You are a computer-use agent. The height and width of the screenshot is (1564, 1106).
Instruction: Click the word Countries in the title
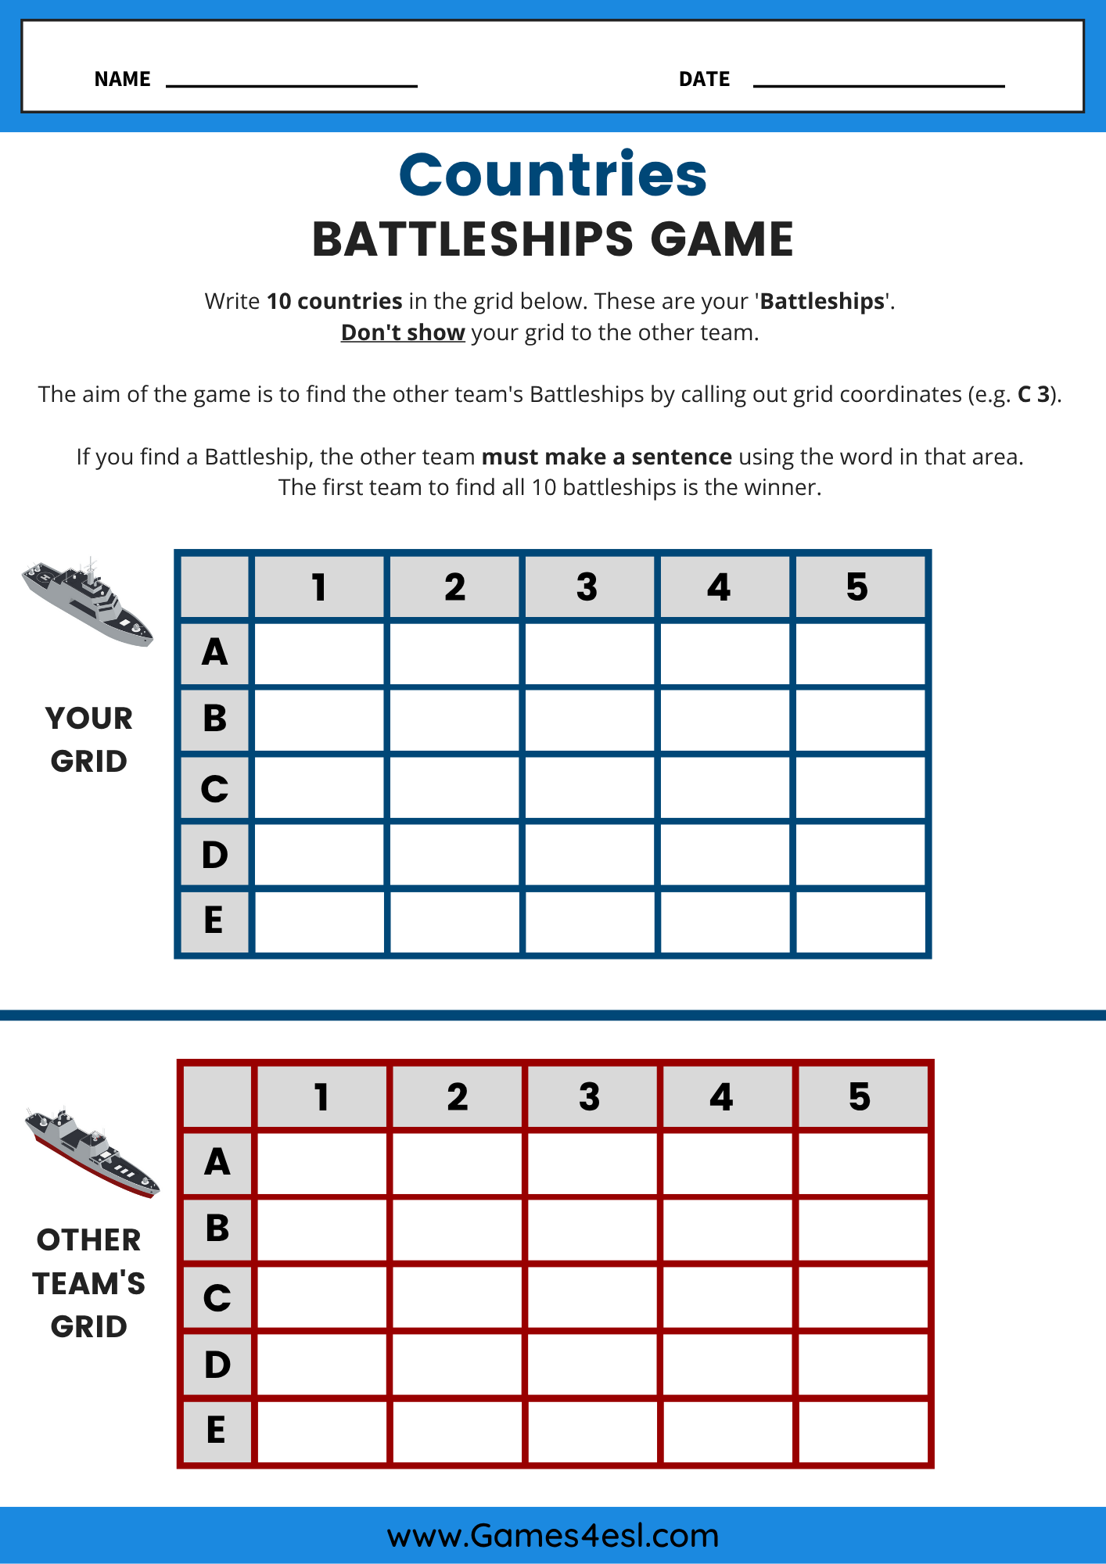(x=552, y=174)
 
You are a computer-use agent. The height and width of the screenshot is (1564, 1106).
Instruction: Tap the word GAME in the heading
(x=721, y=239)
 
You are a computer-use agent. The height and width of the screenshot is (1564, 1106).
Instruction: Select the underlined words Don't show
(x=403, y=332)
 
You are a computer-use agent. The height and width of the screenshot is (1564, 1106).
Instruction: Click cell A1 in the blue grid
(x=319, y=654)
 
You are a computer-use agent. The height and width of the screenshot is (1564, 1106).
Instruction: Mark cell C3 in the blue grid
(x=590, y=787)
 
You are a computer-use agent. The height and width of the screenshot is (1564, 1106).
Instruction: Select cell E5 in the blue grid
(x=860, y=921)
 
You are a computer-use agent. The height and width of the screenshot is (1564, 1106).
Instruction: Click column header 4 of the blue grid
(x=724, y=587)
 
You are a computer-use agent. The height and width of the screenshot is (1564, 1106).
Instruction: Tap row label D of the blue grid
(x=214, y=855)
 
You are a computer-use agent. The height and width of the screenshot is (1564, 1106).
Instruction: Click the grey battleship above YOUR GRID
(x=88, y=602)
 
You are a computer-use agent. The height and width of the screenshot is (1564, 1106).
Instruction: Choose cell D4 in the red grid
(x=727, y=1364)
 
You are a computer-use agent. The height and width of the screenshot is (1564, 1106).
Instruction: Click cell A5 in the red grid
(x=863, y=1163)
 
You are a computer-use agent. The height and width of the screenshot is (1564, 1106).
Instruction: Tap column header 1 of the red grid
(x=321, y=1097)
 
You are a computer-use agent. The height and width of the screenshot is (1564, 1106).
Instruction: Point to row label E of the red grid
(x=217, y=1430)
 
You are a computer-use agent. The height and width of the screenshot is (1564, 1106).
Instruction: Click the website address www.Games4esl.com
(x=552, y=1535)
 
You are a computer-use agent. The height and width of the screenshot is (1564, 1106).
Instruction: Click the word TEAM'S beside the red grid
(x=89, y=1283)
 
